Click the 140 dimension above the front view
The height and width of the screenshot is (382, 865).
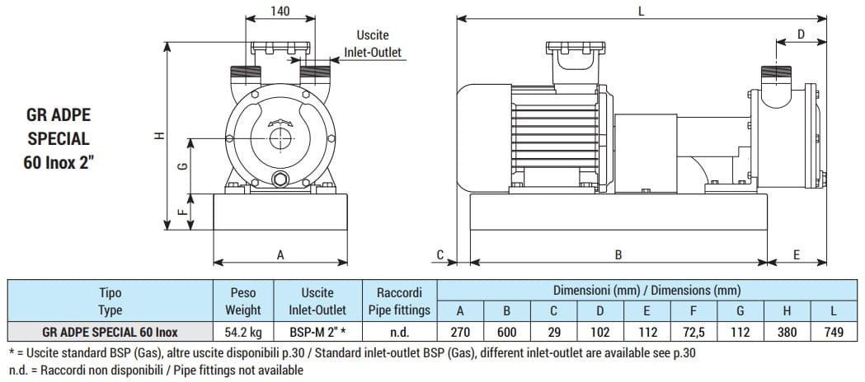coord(280,12)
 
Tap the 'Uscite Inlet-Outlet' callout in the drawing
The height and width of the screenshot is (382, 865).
coord(372,44)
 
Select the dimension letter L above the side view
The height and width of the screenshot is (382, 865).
coord(641,11)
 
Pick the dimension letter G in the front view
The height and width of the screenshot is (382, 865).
coord(182,165)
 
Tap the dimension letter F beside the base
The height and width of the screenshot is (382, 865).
coord(182,211)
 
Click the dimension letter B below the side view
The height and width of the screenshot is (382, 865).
coord(618,255)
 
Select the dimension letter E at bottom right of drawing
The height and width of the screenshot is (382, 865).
coord(797,255)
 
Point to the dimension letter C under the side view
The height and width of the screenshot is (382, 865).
coord(440,254)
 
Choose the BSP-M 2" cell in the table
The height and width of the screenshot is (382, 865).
coord(317,333)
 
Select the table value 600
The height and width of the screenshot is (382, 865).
coord(506,333)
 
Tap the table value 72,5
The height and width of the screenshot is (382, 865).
coord(693,333)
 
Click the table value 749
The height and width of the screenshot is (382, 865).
coord(834,333)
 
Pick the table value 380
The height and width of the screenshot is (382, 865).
coord(787,333)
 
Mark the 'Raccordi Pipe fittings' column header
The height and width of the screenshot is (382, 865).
coord(399,301)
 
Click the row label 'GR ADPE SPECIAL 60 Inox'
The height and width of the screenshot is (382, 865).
coord(110,333)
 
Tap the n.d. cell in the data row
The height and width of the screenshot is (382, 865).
coord(399,333)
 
